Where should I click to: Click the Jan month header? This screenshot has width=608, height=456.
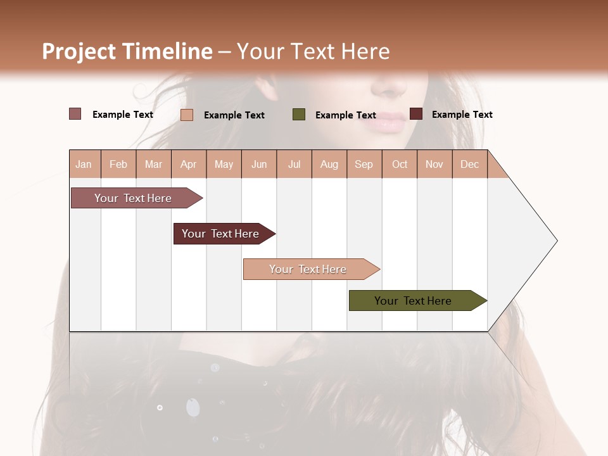(84, 164)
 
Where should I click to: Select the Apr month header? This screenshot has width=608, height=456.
(189, 164)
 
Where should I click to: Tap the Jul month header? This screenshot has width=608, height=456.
(294, 164)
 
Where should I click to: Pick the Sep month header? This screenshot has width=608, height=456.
(364, 164)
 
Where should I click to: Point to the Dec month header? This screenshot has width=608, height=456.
(469, 164)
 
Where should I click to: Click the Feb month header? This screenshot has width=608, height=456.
(118, 164)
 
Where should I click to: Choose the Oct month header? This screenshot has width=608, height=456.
(400, 164)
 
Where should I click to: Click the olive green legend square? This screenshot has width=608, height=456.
(299, 115)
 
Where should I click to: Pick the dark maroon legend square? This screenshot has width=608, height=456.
(416, 114)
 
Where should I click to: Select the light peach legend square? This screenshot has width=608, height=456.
(187, 115)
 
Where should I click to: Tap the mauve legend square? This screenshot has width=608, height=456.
(75, 114)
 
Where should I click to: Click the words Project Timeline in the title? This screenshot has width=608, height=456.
(127, 51)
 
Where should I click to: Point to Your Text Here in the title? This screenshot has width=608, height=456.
(313, 51)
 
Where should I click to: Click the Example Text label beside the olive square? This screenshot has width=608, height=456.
(345, 115)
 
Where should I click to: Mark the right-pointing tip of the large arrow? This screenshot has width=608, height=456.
(556, 241)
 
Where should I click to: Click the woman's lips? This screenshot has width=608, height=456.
(383, 122)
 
